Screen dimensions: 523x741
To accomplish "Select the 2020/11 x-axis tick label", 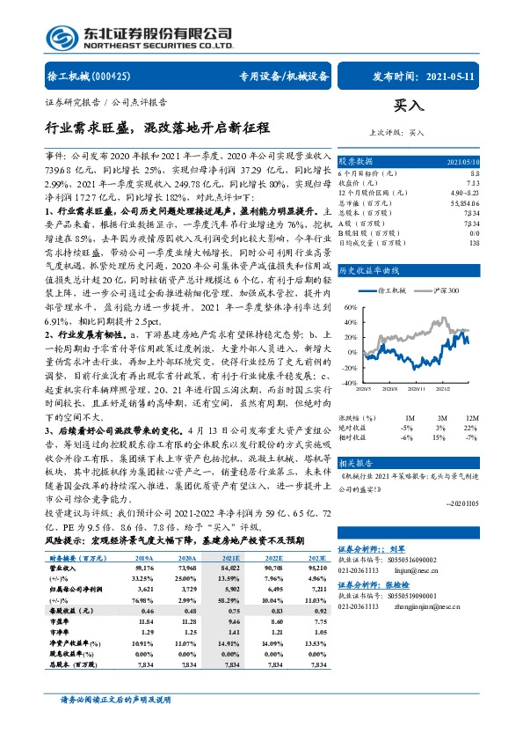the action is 439,389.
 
